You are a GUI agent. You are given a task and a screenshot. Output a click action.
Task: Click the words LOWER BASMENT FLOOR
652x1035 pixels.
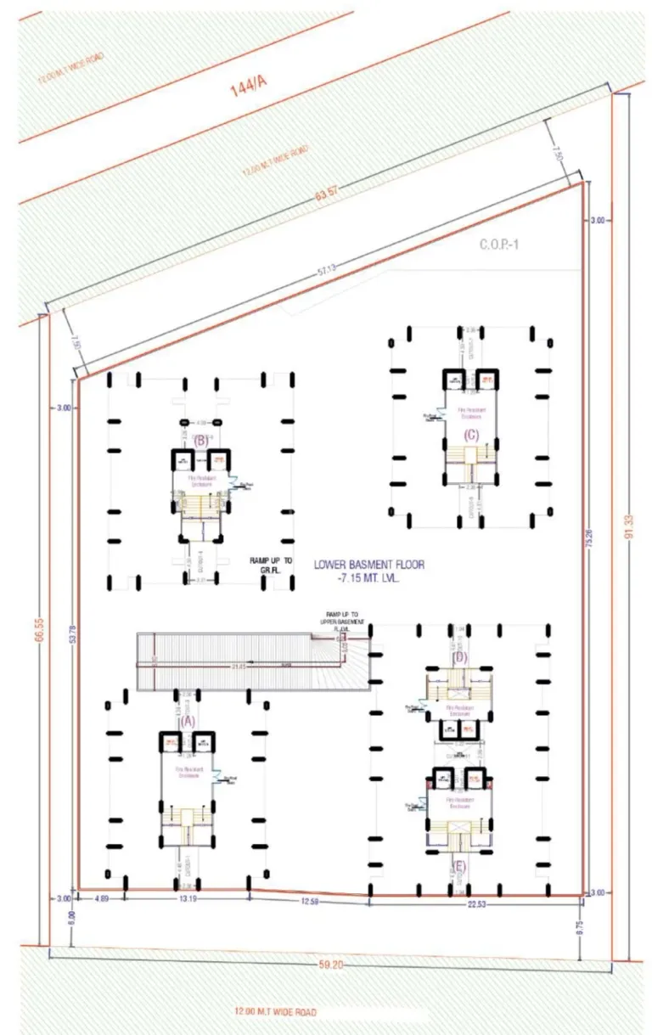pyautogui.click(x=368, y=563)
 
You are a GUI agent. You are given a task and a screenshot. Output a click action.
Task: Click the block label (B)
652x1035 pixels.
pyautogui.click(x=201, y=441)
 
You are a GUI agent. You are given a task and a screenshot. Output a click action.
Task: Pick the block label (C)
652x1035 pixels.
pyautogui.click(x=472, y=435)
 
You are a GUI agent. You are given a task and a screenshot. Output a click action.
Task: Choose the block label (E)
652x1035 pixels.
pyautogui.click(x=459, y=866)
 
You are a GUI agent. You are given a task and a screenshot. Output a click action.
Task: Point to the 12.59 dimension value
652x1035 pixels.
pyautogui.click(x=309, y=901)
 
